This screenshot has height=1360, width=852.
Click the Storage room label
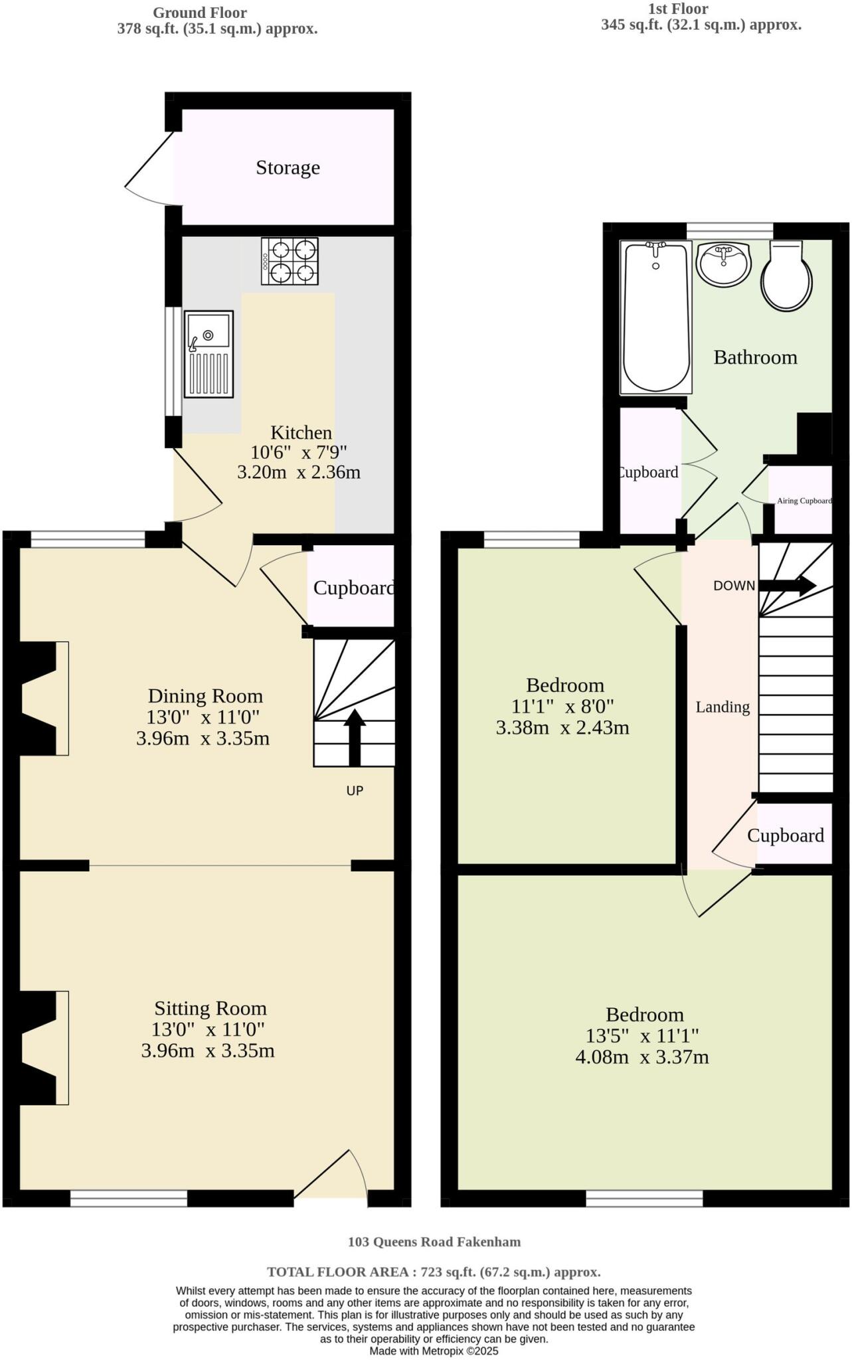[288, 167]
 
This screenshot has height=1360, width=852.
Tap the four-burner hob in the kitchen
[290, 261]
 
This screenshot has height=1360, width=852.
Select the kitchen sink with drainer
[209, 353]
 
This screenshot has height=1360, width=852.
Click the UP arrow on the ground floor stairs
[355, 737]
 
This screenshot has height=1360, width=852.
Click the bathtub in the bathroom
[655, 317]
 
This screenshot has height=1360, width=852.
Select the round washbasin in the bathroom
[723, 262]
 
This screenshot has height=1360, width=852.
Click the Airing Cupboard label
[804, 501]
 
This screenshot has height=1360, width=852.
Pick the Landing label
[723, 707]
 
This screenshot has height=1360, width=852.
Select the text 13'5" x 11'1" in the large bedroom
[641, 1035]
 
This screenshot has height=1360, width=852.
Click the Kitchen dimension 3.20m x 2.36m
[299, 473]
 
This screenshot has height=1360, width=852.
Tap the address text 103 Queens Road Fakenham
[434, 1241]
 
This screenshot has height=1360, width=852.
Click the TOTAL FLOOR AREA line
[434, 1272]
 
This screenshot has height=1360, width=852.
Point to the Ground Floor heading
[200, 13]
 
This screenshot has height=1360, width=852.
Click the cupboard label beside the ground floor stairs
[353, 588]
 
